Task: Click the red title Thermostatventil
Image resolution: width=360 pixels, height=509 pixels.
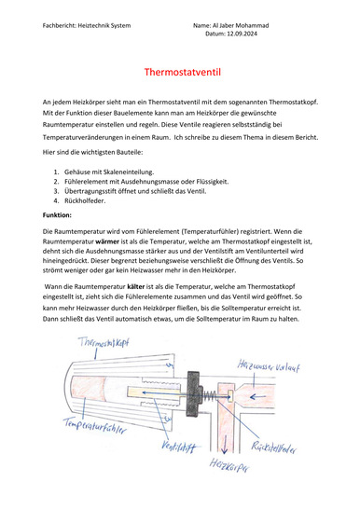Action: (183, 72)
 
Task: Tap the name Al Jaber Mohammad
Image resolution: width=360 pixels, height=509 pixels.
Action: (241, 25)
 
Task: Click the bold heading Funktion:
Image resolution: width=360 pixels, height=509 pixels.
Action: (57, 215)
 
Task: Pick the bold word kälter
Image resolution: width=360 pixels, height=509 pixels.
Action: (135, 286)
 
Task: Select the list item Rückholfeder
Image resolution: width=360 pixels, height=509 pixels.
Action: (85, 200)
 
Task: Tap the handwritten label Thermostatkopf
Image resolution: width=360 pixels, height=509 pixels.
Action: (104, 342)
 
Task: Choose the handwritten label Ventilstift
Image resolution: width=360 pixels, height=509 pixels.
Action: (179, 447)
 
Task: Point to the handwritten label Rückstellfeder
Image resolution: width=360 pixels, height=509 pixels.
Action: (273, 447)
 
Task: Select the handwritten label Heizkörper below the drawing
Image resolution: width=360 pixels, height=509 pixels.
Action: (229, 465)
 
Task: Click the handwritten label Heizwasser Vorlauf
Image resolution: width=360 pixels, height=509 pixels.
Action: (269, 365)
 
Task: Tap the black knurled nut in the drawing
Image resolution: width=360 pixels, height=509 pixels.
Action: (194, 394)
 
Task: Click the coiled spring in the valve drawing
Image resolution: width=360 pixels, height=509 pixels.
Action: (210, 394)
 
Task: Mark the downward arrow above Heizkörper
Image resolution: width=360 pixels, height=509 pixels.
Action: (225, 447)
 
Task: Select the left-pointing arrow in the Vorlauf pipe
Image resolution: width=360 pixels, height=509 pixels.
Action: (258, 397)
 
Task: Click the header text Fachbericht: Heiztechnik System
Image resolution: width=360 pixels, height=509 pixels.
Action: (87, 25)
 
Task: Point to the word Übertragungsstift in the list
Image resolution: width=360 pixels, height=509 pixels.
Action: (87, 191)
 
